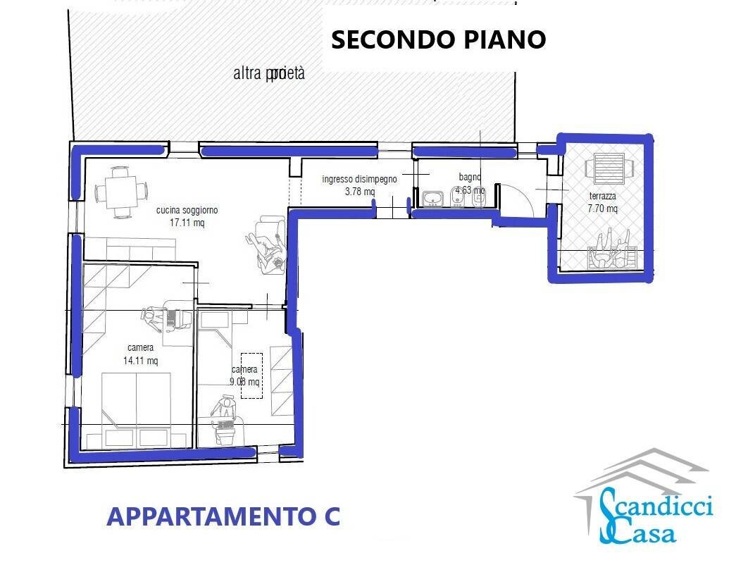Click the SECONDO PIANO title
438,39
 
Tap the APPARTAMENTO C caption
223,516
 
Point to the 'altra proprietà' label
269,73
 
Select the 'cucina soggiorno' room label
187,210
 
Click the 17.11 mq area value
187,222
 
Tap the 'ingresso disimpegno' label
359,179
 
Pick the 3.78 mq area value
359,191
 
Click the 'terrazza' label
604,196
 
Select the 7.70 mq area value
604,208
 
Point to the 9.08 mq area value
245,382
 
